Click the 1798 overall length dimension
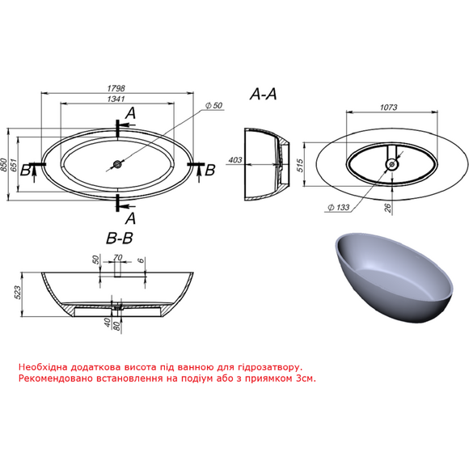[x=116, y=88]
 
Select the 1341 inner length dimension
[x=116, y=99]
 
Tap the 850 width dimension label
[x=3, y=165]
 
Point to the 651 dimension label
[x=14, y=165]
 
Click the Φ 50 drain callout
[x=213, y=106]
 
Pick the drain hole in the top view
[x=117, y=164]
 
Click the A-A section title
[x=264, y=95]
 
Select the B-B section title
[x=120, y=239]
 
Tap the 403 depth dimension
[x=235, y=160]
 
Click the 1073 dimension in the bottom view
[x=388, y=108]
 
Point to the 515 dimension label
[x=300, y=165]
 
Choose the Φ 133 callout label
[x=339, y=207]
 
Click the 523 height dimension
[x=17, y=293]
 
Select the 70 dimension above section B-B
[x=118, y=257]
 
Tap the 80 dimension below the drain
[x=117, y=326]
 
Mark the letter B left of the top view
[x=25, y=170]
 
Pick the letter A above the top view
[x=131, y=113]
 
